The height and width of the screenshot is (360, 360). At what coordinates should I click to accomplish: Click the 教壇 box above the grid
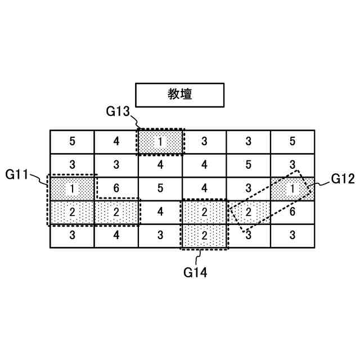click(x=180, y=94)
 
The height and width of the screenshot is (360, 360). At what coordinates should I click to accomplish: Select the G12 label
click(x=343, y=179)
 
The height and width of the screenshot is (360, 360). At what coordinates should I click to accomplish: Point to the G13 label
click(x=118, y=111)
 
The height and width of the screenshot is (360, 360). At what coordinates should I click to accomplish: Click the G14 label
click(x=195, y=273)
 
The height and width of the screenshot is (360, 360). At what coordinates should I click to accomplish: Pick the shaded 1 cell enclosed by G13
click(x=160, y=141)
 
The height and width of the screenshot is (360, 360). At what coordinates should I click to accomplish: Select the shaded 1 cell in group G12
click(x=292, y=188)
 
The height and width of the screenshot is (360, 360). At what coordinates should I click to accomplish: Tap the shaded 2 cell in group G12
click(x=248, y=212)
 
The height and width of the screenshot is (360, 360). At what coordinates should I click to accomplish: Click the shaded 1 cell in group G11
click(x=72, y=188)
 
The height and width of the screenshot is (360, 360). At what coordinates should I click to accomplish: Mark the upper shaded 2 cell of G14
click(x=204, y=212)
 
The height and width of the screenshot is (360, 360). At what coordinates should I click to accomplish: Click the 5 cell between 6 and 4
click(x=160, y=188)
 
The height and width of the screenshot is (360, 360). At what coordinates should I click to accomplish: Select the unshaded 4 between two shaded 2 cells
click(x=160, y=212)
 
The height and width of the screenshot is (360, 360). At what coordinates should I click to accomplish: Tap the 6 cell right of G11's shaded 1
click(x=116, y=188)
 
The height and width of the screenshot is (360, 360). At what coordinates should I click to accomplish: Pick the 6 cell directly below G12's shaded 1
click(x=292, y=212)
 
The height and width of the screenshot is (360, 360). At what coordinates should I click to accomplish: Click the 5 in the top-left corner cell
click(x=72, y=141)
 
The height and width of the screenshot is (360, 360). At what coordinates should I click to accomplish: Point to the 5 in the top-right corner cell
click(x=292, y=141)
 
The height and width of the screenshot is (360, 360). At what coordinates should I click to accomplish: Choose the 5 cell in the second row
click(x=248, y=165)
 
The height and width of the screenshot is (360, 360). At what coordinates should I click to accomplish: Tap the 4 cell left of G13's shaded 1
click(x=116, y=141)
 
